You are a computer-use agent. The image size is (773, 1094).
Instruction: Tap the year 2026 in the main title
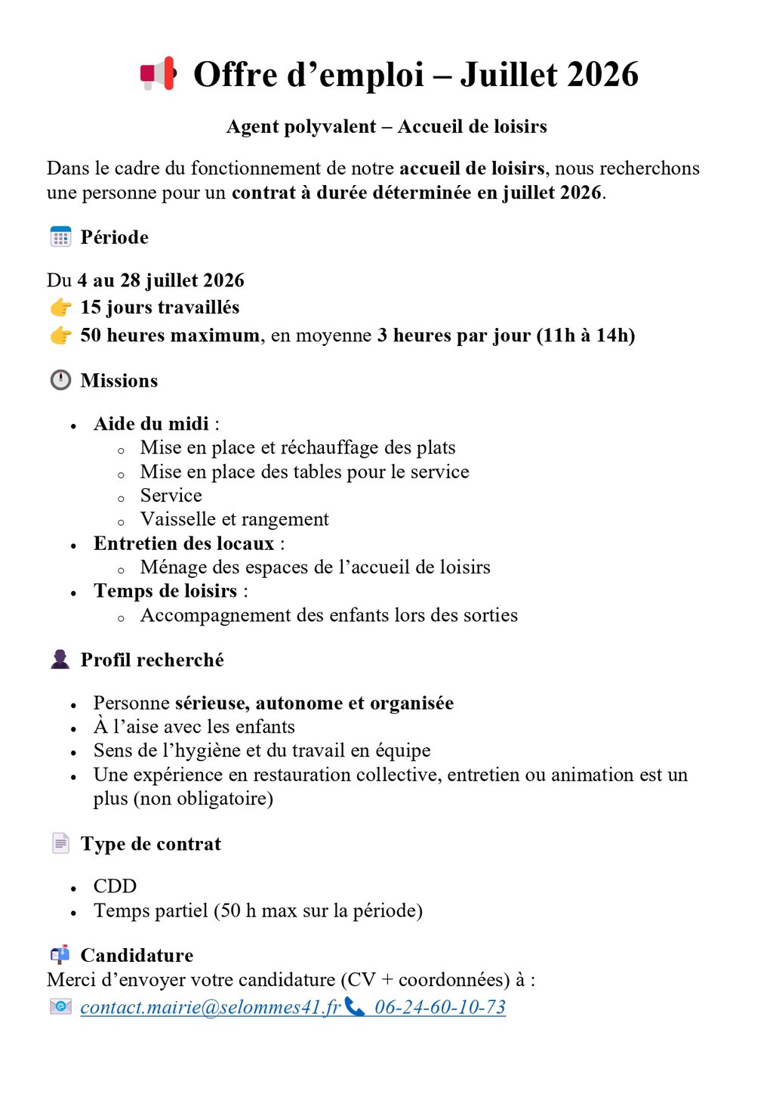coord(602,75)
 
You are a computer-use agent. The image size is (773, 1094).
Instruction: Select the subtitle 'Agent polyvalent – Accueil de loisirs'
coord(386,127)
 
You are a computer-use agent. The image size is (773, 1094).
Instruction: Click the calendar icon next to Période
coord(60,237)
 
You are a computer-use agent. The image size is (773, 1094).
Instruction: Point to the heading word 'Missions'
coord(119,381)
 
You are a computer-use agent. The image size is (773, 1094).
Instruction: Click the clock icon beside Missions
coord(60,380)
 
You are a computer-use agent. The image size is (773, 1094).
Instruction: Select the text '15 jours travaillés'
coord(160,307)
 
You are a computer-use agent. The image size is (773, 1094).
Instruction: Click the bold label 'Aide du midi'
coord(151,424)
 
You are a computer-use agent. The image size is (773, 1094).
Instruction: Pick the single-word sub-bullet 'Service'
coord(171,496)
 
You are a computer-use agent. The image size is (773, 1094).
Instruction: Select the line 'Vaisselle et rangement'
coord(235,520)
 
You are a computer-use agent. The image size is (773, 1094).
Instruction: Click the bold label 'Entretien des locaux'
coord(183,544)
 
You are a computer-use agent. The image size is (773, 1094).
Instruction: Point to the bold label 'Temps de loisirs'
coord(165,591)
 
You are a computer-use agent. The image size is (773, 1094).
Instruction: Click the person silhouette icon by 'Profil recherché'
coord(60,660)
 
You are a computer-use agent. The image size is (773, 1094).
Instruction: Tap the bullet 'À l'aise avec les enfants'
coord(194,727)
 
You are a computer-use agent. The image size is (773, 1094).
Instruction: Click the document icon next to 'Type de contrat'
coord(60,843)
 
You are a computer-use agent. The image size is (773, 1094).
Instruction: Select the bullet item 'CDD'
coord(115,886)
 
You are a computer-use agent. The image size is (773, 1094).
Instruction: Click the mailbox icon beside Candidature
coord(60,955)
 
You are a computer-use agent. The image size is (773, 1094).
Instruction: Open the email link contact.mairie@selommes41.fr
coord(211,1008)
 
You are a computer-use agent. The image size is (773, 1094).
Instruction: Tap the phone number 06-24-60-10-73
coord(440,1008)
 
